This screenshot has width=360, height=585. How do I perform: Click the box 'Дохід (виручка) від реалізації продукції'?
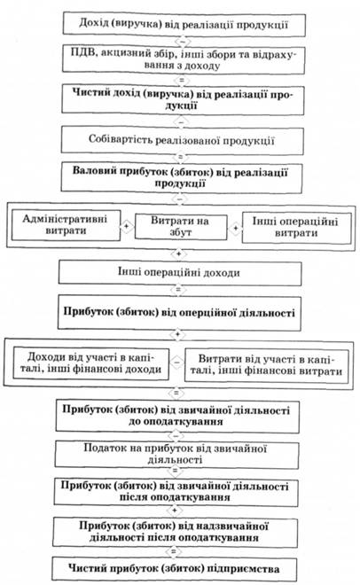[x=184, y=24]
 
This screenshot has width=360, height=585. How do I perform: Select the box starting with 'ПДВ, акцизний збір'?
[x=184, y=59]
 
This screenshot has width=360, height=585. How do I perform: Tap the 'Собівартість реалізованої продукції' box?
[x=183, y=140]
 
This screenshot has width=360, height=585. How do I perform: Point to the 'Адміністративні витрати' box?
[x=66, y=224]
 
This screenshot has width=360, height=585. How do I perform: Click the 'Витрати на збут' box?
[x=181, y=226]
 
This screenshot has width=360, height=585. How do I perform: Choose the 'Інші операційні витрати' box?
[x=296, y=228]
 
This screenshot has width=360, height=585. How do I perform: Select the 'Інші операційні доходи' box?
[x=180, y=273]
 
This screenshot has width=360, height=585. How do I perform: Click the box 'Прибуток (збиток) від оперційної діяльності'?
[x=179, y=313]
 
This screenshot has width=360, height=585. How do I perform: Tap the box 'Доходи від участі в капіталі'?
[x=91, y=363]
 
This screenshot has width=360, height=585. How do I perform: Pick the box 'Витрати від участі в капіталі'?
[x=267, y=365]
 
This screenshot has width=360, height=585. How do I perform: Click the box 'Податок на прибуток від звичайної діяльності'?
[x=176, y=454]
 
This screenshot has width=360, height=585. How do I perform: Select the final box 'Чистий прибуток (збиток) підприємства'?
[x=174, y=569]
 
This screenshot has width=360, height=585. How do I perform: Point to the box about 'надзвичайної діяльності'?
[x=175, y=532]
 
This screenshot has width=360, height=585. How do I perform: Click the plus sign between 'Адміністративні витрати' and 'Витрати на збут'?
[x=127, y=226]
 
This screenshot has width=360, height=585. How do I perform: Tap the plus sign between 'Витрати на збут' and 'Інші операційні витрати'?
[x=235, y=228]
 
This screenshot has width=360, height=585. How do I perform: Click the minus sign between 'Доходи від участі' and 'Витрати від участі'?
[x=176, y=362]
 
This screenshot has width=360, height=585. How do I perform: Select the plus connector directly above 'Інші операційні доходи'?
[x=179, y=254]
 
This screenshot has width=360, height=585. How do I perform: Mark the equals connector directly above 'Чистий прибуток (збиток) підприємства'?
[x=174, y=551]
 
